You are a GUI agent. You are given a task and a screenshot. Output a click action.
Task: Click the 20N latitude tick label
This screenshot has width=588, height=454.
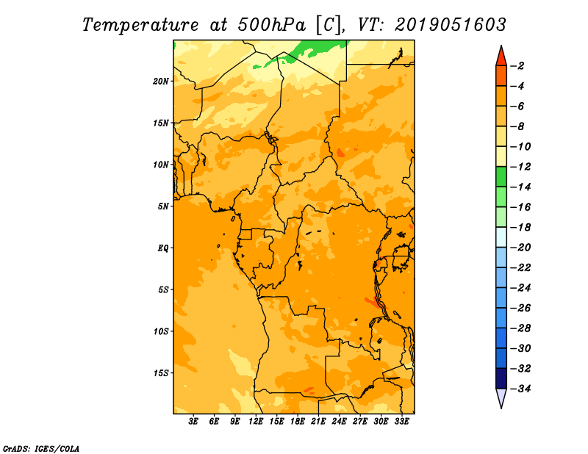(x=161, y=81)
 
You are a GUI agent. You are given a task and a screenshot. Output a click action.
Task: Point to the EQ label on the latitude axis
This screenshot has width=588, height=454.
(x=163, y=248)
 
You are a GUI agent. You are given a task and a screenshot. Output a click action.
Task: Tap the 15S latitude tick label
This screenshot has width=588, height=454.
(x=161, y=372)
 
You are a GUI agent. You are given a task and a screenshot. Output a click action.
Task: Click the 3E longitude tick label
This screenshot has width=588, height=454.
(x=194, y=422)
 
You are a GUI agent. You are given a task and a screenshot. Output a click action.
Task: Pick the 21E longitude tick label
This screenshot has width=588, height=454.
(x=318, y=422)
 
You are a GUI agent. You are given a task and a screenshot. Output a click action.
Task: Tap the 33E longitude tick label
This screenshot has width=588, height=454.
(x=401, y=422)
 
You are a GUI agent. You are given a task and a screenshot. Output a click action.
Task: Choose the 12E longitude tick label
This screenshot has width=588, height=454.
(x=256, y=422)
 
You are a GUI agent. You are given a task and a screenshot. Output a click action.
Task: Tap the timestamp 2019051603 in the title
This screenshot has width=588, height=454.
(x=450, y=24)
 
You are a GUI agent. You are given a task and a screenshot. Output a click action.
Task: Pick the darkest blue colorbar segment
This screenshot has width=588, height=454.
(x=501, y=378)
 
